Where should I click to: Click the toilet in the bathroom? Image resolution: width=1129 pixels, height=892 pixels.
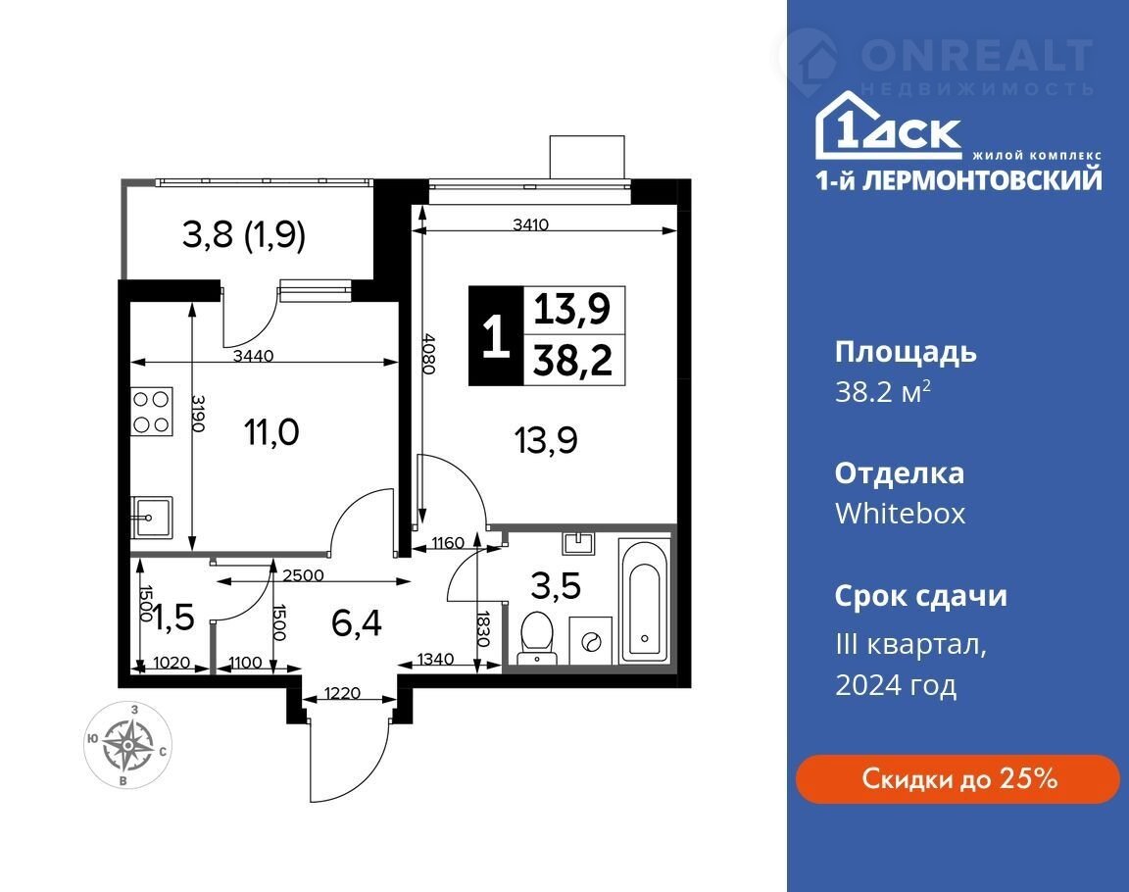click(537, 636)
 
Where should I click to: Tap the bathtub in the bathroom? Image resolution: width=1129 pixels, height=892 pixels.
click(645, 602)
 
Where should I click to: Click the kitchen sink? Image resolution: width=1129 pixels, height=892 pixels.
click(151, 517)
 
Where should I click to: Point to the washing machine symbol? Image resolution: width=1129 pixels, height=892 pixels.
click(590, 640)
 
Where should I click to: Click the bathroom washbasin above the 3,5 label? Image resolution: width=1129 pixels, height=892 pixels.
click(579, 543)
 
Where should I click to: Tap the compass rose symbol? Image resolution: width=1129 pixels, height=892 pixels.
click(126, 744)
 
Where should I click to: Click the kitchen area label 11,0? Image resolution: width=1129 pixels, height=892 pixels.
click(270, 432)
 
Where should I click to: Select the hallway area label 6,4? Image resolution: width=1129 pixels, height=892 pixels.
click(357, 622)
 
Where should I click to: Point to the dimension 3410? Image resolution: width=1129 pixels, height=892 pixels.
click(530, 223)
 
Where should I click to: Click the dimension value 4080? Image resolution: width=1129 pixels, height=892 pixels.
click(427, 353)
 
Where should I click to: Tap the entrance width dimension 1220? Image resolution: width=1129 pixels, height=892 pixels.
click(342, 693)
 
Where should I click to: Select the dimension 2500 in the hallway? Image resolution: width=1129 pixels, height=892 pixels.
click(303, 575)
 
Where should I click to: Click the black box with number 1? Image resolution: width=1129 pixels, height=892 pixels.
click(495, 335)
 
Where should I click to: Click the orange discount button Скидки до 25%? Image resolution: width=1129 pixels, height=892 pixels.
click(957, 779)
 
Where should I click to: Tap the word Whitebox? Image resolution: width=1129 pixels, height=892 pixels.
click(900, 514)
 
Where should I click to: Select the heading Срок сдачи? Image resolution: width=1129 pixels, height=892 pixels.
click(921, 597)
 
